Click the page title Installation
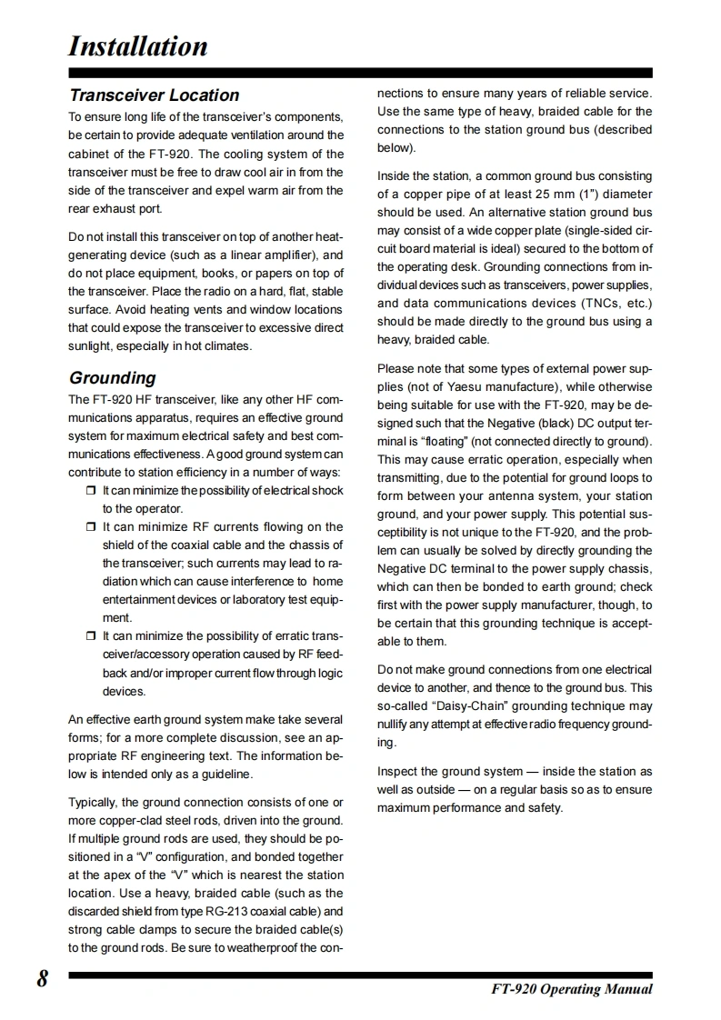[x=138, y=46]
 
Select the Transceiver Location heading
[x=154, y=95]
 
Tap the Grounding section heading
[x=112, y=378]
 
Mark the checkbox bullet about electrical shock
[x=90, y=491]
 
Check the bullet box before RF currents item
[x=90, y=527]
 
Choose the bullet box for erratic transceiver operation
[x=90, y=636]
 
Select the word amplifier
[x=285, y=255]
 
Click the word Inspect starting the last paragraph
[x=397, y=772]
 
